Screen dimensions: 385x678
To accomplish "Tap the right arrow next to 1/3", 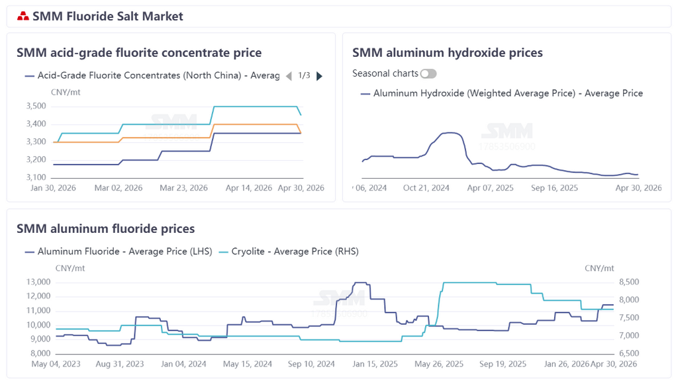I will [320, 76].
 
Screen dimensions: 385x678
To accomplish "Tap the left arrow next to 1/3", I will [289, 76].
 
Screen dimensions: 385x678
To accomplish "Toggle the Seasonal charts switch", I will [428, 73].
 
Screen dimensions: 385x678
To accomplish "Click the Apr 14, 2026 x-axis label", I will [249, 188].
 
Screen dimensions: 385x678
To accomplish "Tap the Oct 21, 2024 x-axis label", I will [426, 188].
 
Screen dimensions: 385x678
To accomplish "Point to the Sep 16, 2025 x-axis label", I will [554, 188].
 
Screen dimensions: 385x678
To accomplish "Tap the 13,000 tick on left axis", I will [38, 282].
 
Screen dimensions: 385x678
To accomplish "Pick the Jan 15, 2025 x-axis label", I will [375, 364].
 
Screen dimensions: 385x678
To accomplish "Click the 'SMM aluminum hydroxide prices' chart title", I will [447, 53].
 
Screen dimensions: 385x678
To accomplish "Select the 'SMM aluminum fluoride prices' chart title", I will [105, 229].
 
